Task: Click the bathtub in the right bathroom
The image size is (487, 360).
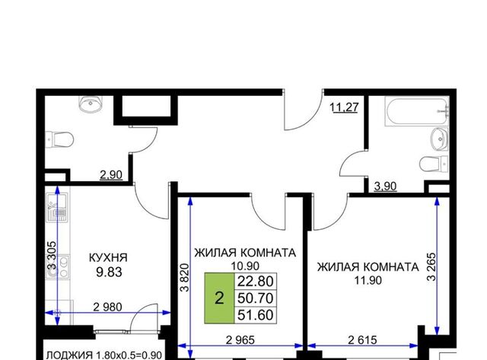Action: coord(417,111)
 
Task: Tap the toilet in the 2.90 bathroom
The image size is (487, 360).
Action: coord(59,140)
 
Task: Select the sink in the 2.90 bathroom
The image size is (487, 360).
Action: coord(91,104)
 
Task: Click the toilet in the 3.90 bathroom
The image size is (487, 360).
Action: coord(434,164)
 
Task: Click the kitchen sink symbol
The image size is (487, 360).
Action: coord(56,208)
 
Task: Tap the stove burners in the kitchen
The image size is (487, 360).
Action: coord(57,266)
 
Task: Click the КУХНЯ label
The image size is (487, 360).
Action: coord(108,258)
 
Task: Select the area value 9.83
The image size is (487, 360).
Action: coord(109,272)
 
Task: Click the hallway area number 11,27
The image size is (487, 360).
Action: coord(344,107)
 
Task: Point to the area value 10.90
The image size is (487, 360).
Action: coord(245,266)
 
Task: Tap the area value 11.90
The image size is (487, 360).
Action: coord(368,281)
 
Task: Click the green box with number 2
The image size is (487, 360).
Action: coord(219,298)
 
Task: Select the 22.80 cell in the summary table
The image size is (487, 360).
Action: coord(256,282)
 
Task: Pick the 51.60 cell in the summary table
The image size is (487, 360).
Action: coord(256,315)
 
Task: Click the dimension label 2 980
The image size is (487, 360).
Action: coord(108,307)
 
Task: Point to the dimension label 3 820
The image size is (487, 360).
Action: coord(185,277)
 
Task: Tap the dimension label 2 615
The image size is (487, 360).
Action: coord(362,340)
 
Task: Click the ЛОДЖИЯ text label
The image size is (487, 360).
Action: coord(69,355)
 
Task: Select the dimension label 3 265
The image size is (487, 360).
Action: coord(431,267)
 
